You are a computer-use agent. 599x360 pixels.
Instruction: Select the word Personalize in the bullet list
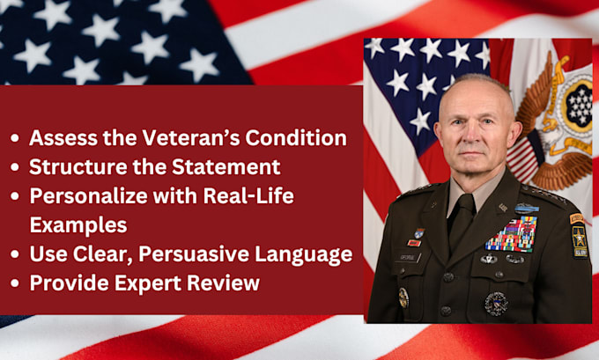pyautogui.click(x=81, y=195)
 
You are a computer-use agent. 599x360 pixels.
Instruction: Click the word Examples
pyautogui.click(x=78, y=224)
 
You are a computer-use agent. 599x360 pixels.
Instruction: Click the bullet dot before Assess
pyautogui.click(x=16, y=139)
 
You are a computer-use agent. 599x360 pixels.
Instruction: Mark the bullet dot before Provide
pyautogui.click(x=16, y=283)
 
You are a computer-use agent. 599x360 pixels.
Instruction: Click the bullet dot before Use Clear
pyautogui.click(x=16, y=255)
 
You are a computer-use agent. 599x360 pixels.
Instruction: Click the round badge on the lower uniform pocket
pyautogui.click(x=497, y=302)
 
